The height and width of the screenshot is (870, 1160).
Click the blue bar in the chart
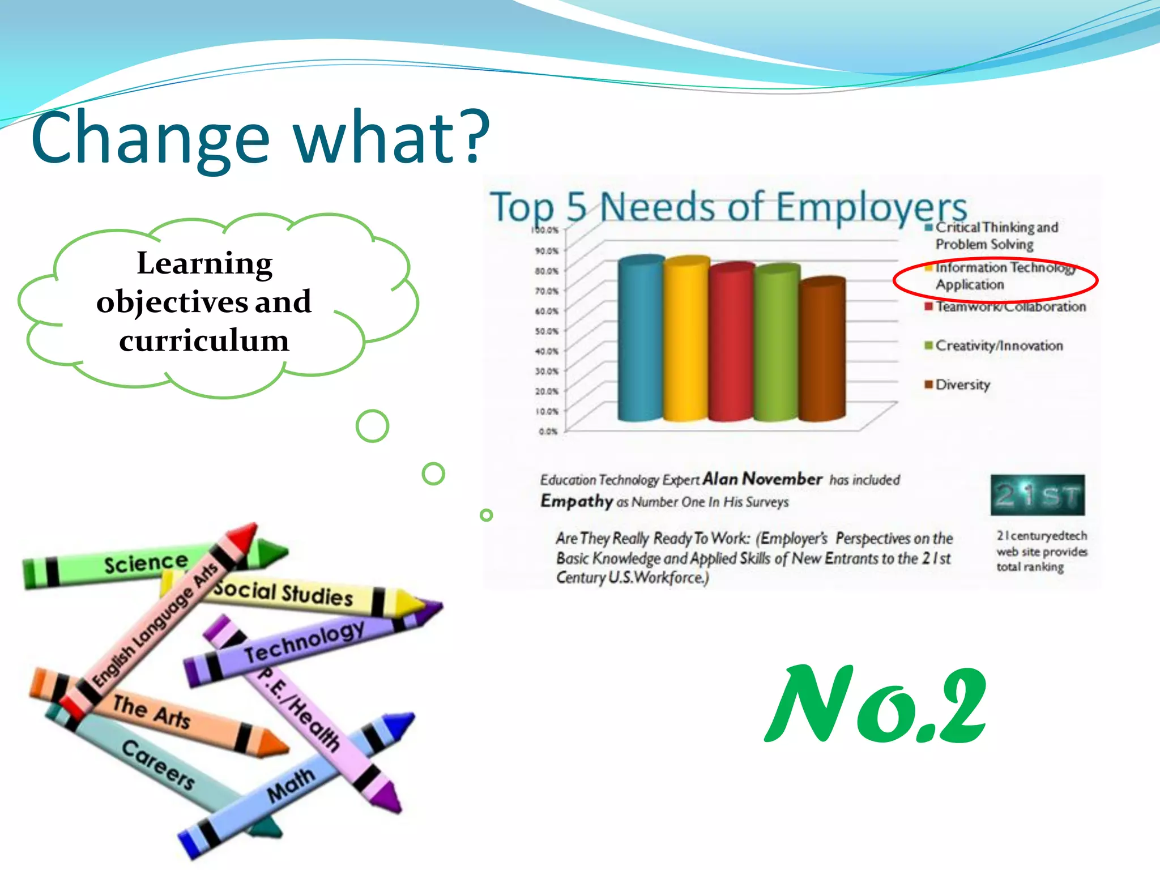click(x=640, y=340)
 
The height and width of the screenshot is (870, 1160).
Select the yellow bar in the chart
click(x=685, y=340)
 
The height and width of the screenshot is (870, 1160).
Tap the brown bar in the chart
click(x=822, y=351)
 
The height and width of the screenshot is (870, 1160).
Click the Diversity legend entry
click(x=962, y=385)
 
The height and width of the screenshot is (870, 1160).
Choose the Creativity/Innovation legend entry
click(x=999, y=346)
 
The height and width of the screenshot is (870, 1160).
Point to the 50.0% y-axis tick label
click(x=547, y=331)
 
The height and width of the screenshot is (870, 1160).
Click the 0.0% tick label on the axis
click(x=548, y=432)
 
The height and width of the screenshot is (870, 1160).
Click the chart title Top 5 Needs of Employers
click(x=728, y=207)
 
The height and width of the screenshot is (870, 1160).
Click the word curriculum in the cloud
click(x=204, y=340)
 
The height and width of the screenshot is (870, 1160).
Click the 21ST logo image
click(x=1037, y=495)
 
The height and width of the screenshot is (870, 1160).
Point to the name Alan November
click(x=762, y=479)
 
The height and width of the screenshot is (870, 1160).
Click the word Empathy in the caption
click(x=577, y=501)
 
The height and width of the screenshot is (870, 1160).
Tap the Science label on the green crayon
click(x=146, y=563)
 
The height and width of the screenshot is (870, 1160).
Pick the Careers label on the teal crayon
click(x=159, y=764)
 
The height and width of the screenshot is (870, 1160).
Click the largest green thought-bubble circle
click(x=372, y=426)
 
